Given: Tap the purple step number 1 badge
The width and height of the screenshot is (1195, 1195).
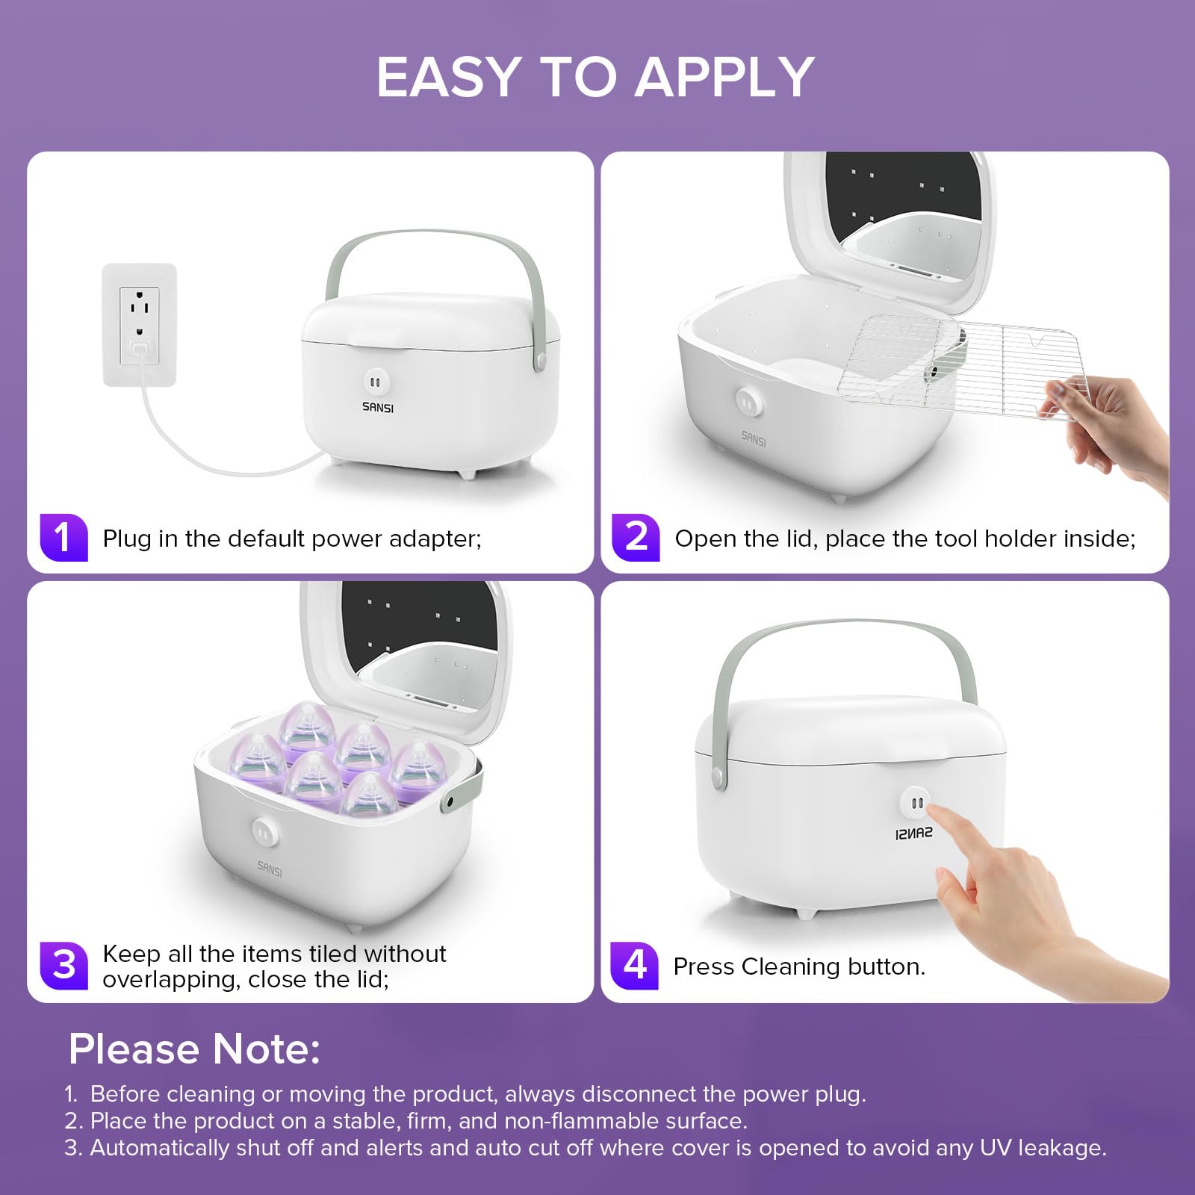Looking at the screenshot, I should point(63,537).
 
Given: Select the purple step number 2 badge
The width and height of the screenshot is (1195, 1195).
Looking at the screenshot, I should point(636,537).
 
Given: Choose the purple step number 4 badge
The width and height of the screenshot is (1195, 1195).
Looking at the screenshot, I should point(634,965).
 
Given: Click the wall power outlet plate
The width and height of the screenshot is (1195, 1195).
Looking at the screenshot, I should point(139,325).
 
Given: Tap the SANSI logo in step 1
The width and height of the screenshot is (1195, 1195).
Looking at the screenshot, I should point(378,407).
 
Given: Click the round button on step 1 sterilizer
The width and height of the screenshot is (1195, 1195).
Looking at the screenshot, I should point(376,382).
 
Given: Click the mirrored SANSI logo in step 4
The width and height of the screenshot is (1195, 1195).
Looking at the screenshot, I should point(913,833).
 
